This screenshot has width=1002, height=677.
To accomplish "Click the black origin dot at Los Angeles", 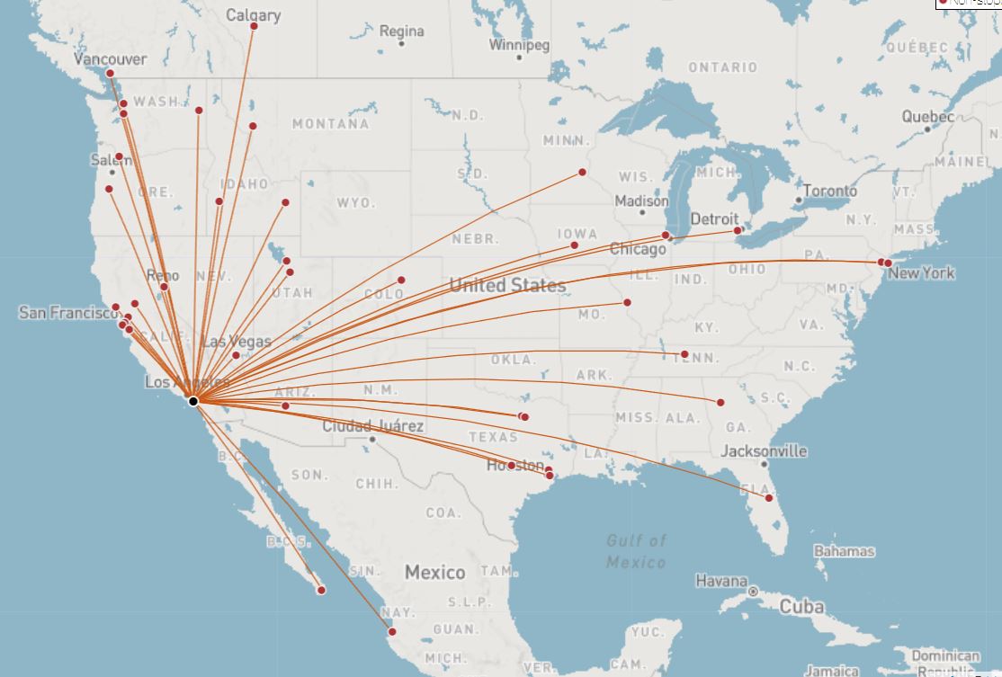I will (x=193, y=400).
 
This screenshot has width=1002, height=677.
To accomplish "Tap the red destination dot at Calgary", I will (x=254, y=26).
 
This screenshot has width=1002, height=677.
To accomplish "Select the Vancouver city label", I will (x=110, y=59).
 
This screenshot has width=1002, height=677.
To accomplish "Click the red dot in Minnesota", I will (x=582, y=172).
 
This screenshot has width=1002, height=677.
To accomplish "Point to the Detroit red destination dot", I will (x=738, y=231).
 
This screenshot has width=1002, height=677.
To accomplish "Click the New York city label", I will (x=921, y=272).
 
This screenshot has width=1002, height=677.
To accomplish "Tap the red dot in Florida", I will (x=769, y=497).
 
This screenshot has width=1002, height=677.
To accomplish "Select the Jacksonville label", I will (x=764, y=450).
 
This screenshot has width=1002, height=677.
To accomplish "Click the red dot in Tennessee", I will (x=684, y=354).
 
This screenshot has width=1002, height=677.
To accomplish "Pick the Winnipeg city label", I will (x=519, y=45).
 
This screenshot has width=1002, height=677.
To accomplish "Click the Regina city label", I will (x=401, y=31).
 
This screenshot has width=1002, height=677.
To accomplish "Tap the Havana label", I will (x=721, y=581).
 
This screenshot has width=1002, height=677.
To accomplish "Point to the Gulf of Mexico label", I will (x=637, y=550).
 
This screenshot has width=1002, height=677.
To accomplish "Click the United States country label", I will (x=507, y=285).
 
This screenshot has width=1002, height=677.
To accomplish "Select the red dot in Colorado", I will (x=401, y=280).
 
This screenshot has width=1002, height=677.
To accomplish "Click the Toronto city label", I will (x=829, y=191).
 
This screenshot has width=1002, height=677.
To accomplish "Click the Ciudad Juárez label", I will (x=372, y=425).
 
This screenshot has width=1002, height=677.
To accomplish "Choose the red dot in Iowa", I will (x=574, y=245).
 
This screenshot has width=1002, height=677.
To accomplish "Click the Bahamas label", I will (x=844, y=550).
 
